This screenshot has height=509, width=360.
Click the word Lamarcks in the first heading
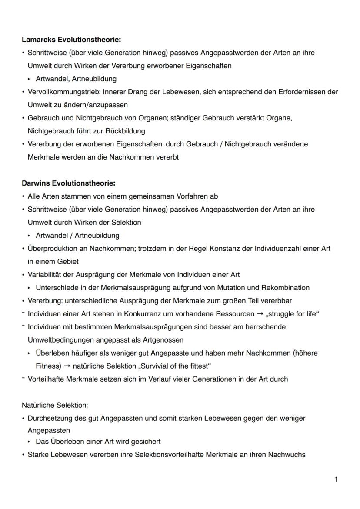coord(37,40)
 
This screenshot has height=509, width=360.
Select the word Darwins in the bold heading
coord(35,183)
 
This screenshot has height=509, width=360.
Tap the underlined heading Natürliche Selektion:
coord(55,405)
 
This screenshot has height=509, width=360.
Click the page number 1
coord(336,479)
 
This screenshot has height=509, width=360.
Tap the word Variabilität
coord(45,275)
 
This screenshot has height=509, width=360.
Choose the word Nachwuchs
coord(287,455)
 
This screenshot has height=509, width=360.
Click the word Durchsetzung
coord(49,418)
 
